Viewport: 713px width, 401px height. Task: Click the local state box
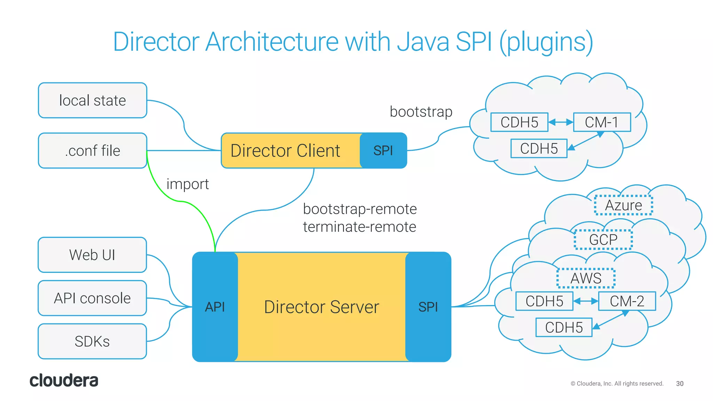tap(92, 100)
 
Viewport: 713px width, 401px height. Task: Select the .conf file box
tap(92, 150)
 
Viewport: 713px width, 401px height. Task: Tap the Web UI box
tap(92, 255)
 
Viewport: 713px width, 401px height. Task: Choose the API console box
tap(92, 298)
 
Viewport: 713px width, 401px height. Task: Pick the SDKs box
tap(92, 341)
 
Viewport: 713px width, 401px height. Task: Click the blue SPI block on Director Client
tap(383, 150)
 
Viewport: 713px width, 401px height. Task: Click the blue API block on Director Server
tap(215, 307)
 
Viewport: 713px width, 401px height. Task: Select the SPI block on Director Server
tap(428, 307)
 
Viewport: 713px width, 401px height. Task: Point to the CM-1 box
tap(602, 122)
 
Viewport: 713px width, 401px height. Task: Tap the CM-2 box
tap(627, 301)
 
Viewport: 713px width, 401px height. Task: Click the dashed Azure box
tap(623, 205)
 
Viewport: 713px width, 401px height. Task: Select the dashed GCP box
tap(603, 239)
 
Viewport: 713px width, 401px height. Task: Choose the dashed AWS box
tap(586, 278)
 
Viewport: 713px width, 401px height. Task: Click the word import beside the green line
tap(188, 184)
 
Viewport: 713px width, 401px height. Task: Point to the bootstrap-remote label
tap(360, 209)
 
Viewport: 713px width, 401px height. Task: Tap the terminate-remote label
tap(360, 227)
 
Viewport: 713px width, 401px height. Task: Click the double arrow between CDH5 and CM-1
tap(561, 122)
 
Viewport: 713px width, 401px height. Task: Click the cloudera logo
tap(64, 380)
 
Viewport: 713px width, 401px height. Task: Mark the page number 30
tap(680, 384)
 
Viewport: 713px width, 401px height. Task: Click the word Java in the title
tap(423, 42)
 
